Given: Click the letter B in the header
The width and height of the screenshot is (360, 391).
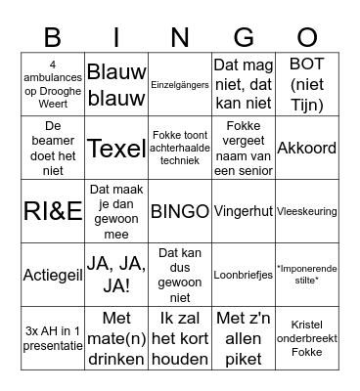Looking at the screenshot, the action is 54,37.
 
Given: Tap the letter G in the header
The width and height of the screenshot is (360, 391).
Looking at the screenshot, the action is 244,37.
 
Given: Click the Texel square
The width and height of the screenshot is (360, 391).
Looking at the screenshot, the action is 117,149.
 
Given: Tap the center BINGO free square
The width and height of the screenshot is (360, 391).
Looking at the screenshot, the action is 180,211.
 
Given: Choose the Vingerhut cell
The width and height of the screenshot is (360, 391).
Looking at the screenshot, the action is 244,211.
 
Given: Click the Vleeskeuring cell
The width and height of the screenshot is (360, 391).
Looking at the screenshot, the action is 306,211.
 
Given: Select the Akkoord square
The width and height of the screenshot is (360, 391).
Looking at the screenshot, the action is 306,149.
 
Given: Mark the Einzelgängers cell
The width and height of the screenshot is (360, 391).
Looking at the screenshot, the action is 180,85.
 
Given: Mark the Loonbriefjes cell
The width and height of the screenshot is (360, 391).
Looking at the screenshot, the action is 244,275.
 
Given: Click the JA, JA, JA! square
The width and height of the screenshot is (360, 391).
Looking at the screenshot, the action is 117,275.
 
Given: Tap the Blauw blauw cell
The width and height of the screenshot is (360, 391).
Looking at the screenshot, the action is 117,85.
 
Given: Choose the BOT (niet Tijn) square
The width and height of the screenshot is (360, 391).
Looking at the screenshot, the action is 306,85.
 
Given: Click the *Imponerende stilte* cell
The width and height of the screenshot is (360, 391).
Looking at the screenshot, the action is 306,275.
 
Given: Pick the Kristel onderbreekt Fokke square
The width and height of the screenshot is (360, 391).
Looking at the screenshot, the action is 306,337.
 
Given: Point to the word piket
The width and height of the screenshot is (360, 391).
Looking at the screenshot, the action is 244,359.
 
